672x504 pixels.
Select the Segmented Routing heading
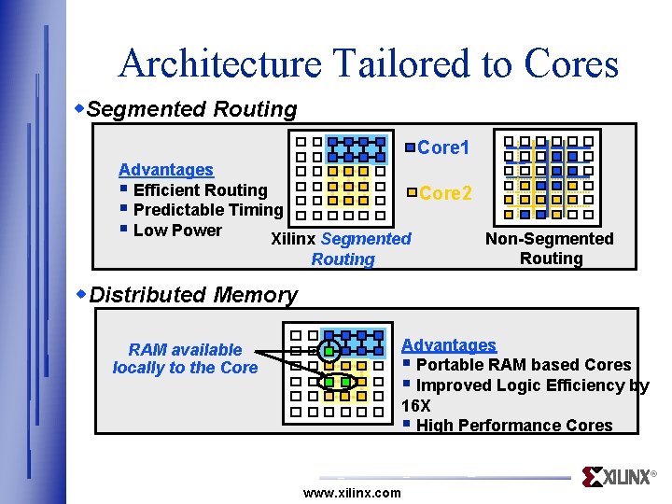pos(196,109)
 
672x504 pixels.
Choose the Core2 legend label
pos(445,193)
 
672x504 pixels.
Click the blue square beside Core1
pos(411,147)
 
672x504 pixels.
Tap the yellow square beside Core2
pos(413,192)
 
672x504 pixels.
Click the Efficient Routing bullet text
pos(200,190)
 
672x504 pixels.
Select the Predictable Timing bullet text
pos(207,210)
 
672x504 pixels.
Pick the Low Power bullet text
pos(177,231)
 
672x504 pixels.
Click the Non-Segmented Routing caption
pos(550,248)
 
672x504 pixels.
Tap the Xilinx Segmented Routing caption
pos(342,249)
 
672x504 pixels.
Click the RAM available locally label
pos(185,358)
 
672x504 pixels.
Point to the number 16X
pos(415,406)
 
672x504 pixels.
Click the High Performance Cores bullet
pos(513,426)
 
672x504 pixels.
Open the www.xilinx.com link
pos(352,493)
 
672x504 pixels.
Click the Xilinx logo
pos(617,477)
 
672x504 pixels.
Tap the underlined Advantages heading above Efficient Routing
pos(166,170)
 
